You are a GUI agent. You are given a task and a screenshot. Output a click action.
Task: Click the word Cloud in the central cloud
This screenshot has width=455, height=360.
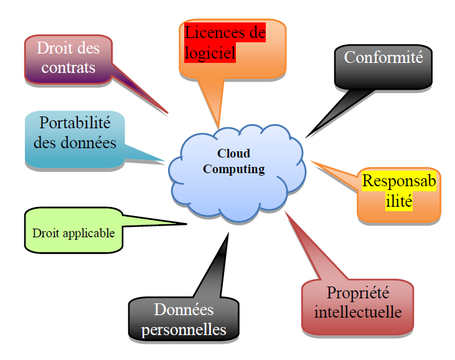(233, 153)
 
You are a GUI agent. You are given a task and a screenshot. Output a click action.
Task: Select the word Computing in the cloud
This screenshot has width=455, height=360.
(234, 169)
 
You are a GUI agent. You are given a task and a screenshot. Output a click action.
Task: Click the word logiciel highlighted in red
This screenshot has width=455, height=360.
(210, 54)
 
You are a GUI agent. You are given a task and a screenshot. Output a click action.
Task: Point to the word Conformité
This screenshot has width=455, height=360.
(383, 57)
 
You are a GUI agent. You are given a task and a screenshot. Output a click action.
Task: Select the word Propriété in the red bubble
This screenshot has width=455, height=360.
(357, 292)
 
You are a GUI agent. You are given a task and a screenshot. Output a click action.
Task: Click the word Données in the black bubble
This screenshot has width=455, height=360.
(184, 310)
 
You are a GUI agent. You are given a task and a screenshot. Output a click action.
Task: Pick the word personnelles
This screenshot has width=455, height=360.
(184, 329)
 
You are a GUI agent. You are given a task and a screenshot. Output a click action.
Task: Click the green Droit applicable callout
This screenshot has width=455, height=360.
(73, 234)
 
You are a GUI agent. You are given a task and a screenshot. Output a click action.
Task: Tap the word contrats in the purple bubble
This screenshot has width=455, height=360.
(68, 67)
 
